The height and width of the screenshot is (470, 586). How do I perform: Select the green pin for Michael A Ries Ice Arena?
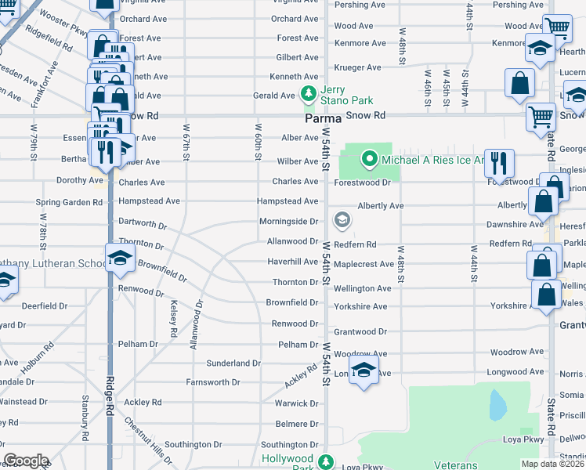tap(370, 161)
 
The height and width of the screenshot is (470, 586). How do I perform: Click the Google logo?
tap(26, 461)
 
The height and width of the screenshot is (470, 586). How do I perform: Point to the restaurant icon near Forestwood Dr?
tap(499, 164)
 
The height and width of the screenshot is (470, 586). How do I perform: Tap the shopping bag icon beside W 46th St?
tap(519, 83)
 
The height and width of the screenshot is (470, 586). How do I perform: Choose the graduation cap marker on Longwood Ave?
tap(364, 371)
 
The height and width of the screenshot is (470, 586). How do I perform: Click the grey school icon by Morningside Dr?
tap(341, 220)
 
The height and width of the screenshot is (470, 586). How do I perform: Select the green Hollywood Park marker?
tap(325, 459)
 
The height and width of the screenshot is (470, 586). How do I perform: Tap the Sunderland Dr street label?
tap(233, 363)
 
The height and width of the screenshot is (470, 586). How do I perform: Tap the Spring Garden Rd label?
tap(69, 202)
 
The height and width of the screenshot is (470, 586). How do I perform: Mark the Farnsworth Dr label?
tap(212, 383)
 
